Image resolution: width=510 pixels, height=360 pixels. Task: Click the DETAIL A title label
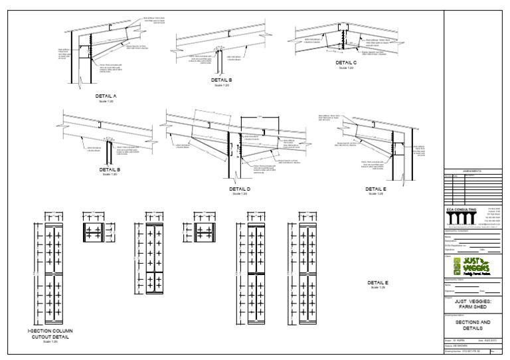tap(106, 96)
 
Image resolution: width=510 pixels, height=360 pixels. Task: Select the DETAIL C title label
tap(346, 63)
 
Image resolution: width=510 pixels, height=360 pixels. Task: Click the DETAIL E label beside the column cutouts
tap(377, 284)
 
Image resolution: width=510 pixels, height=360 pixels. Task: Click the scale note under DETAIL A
tap(106, 101)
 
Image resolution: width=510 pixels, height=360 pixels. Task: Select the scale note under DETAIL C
tap(346, 68)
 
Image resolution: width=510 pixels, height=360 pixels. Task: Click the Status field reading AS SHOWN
tap(461, 346)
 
